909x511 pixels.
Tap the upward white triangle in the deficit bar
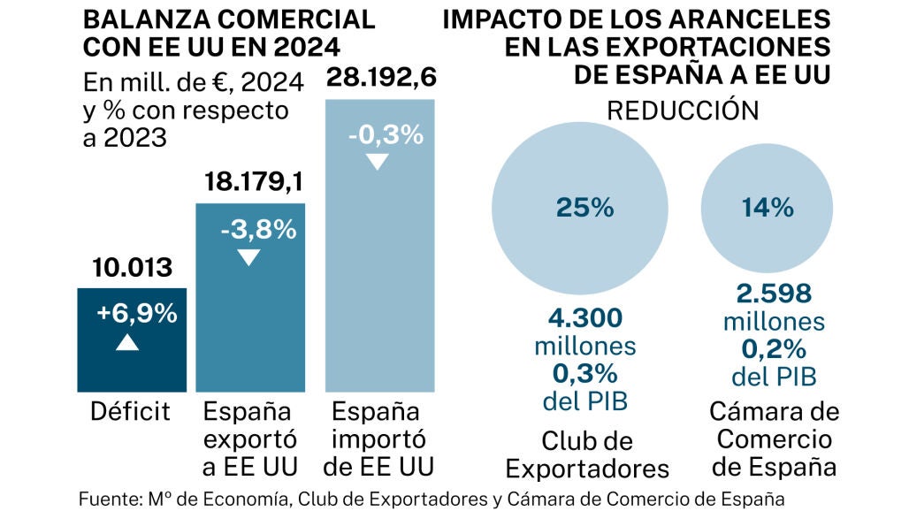[127, 341]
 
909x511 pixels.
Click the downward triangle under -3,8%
[249, 257]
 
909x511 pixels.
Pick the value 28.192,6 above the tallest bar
[380, 78]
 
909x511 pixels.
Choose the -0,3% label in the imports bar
[380, 136]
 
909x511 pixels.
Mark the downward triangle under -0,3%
[378, 162]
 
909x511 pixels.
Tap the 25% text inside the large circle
[584, 208]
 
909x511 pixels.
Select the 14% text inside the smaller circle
[768, 208]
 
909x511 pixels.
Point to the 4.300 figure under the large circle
[584, 317]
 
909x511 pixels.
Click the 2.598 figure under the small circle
[774, 294]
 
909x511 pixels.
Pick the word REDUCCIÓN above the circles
[682, 111]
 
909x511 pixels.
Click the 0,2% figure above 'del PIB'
[774, 350]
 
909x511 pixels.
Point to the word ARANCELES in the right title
[757, 19]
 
